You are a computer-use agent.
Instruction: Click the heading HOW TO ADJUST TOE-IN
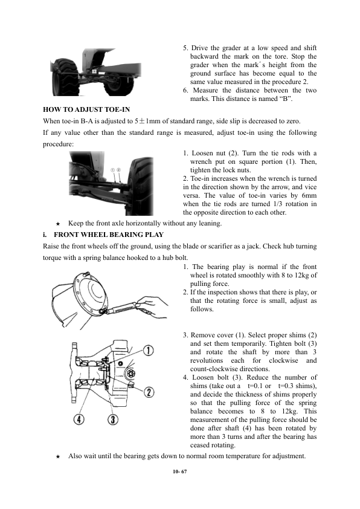click(x=86, y=109)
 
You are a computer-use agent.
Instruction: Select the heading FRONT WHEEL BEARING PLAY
click(x=109, y=235)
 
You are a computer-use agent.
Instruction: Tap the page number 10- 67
click(x=179, y=472)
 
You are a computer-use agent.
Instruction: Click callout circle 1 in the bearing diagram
click(x=148, y=351)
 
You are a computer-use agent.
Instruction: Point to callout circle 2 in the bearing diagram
click(x=149, y=392)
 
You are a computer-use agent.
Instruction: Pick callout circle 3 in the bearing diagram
click(x=112, y=420)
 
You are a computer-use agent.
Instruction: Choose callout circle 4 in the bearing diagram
click(x=79, y=420)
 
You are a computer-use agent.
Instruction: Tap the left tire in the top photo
click(x=63, y=77)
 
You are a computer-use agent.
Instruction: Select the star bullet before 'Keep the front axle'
click(x=58, y=224)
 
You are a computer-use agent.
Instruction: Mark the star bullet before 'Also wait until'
click(x=58, y=456)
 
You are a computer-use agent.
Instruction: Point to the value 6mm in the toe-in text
click(x=309, y=195)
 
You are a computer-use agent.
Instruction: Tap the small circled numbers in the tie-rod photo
click(x=115, y=170)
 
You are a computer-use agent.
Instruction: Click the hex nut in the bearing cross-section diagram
click(x=130, y=374)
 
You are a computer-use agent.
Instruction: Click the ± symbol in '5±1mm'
click(x=142, y=122)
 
